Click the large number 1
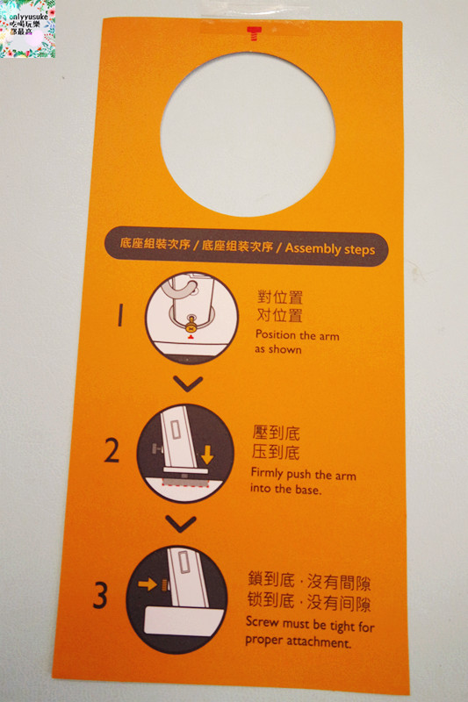point(120,315)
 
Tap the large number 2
point(112,450)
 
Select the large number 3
point(101,597)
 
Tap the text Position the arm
point(297,335)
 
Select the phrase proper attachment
point(299,642)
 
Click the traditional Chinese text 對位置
point(279,297)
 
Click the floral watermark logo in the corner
point(28,29)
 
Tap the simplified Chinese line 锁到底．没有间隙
point(309,604)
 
